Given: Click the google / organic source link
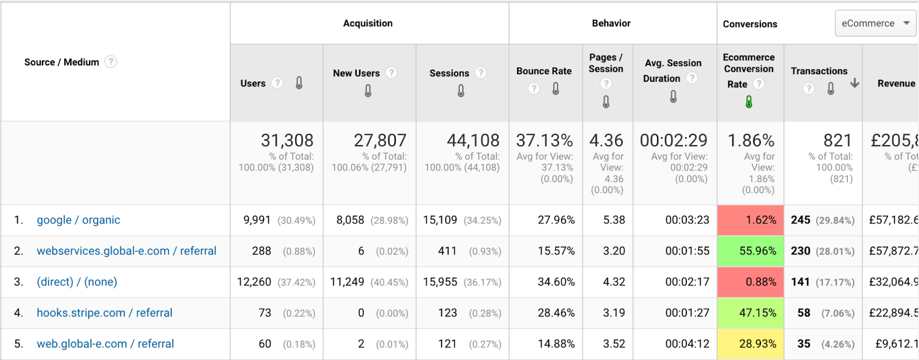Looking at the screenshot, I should pyautogui.click(x=78, y=220).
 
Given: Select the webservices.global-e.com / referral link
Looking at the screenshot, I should pyautogui.click(x=126, y=251).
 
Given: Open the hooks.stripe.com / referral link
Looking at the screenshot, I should pyautogui.click(x=105, y=313).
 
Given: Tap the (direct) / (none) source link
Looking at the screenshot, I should pyautogui.click(x=77, y=282).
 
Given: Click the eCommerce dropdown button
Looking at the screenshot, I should pyautogui.click(x=875, y=24).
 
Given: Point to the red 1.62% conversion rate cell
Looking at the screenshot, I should pyautogui.click(x=751, y=220).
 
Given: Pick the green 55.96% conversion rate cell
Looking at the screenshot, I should pyautogui.click(x=751, y=251).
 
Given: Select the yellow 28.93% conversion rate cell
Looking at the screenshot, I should pyautogui.click(x=751, y=344).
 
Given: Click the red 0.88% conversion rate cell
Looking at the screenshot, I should pyautogui.click(x=751, y=282).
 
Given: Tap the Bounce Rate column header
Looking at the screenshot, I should pyautogui.click(x=544, y=71).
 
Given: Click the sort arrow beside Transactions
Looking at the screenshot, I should pyautogui.click(x=855, y=83).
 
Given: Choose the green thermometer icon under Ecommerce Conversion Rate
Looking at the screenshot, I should pyautogui.click(x=749, y=102).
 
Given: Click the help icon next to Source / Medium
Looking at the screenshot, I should pyautogui.click(x=111, y=61).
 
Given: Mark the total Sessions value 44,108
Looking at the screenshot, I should pyautogui.click(x=473, y=141).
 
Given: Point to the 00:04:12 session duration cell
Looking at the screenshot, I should pyautogui.click(x=687, y=344).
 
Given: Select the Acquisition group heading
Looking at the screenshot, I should pyautogui.click(x=368, y=24).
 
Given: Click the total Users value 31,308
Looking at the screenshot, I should pyautogui.click(x=287, y=141).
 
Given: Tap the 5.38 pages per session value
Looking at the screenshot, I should pyautogui.click(x=614, y=220).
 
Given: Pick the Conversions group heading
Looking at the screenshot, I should pyautogui.click(x=750, y=24).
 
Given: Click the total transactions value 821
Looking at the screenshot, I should pyautogui.click(x=837, y=141).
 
